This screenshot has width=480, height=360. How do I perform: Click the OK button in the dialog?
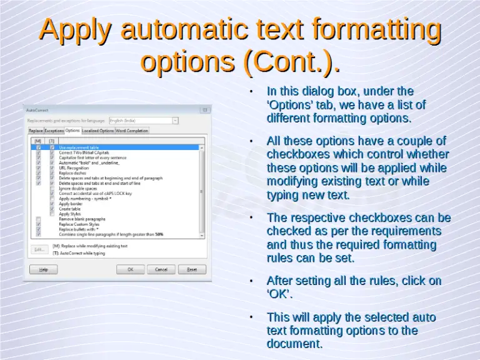[x=131, y=269]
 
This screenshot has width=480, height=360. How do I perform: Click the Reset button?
[x=192, y=269]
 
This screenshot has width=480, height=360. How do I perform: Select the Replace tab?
[x=36, y=131]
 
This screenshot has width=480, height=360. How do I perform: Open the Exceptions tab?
[x=54, y=131]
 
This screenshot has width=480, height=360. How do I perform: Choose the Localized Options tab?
[x=98, y=131]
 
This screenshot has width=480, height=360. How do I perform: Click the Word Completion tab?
[x=132, y=131]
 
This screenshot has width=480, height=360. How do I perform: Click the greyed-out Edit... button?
[x=39, y=249]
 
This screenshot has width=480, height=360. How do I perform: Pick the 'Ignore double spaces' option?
[x=77, y=188]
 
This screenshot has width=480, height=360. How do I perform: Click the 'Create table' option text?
[x=69, y=209]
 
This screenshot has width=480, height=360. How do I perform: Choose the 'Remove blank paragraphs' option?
[x=82, y=219]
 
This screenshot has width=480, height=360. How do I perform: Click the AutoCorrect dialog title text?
[x=36, y=108]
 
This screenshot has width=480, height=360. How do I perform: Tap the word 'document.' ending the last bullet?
[x=294, y=344]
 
